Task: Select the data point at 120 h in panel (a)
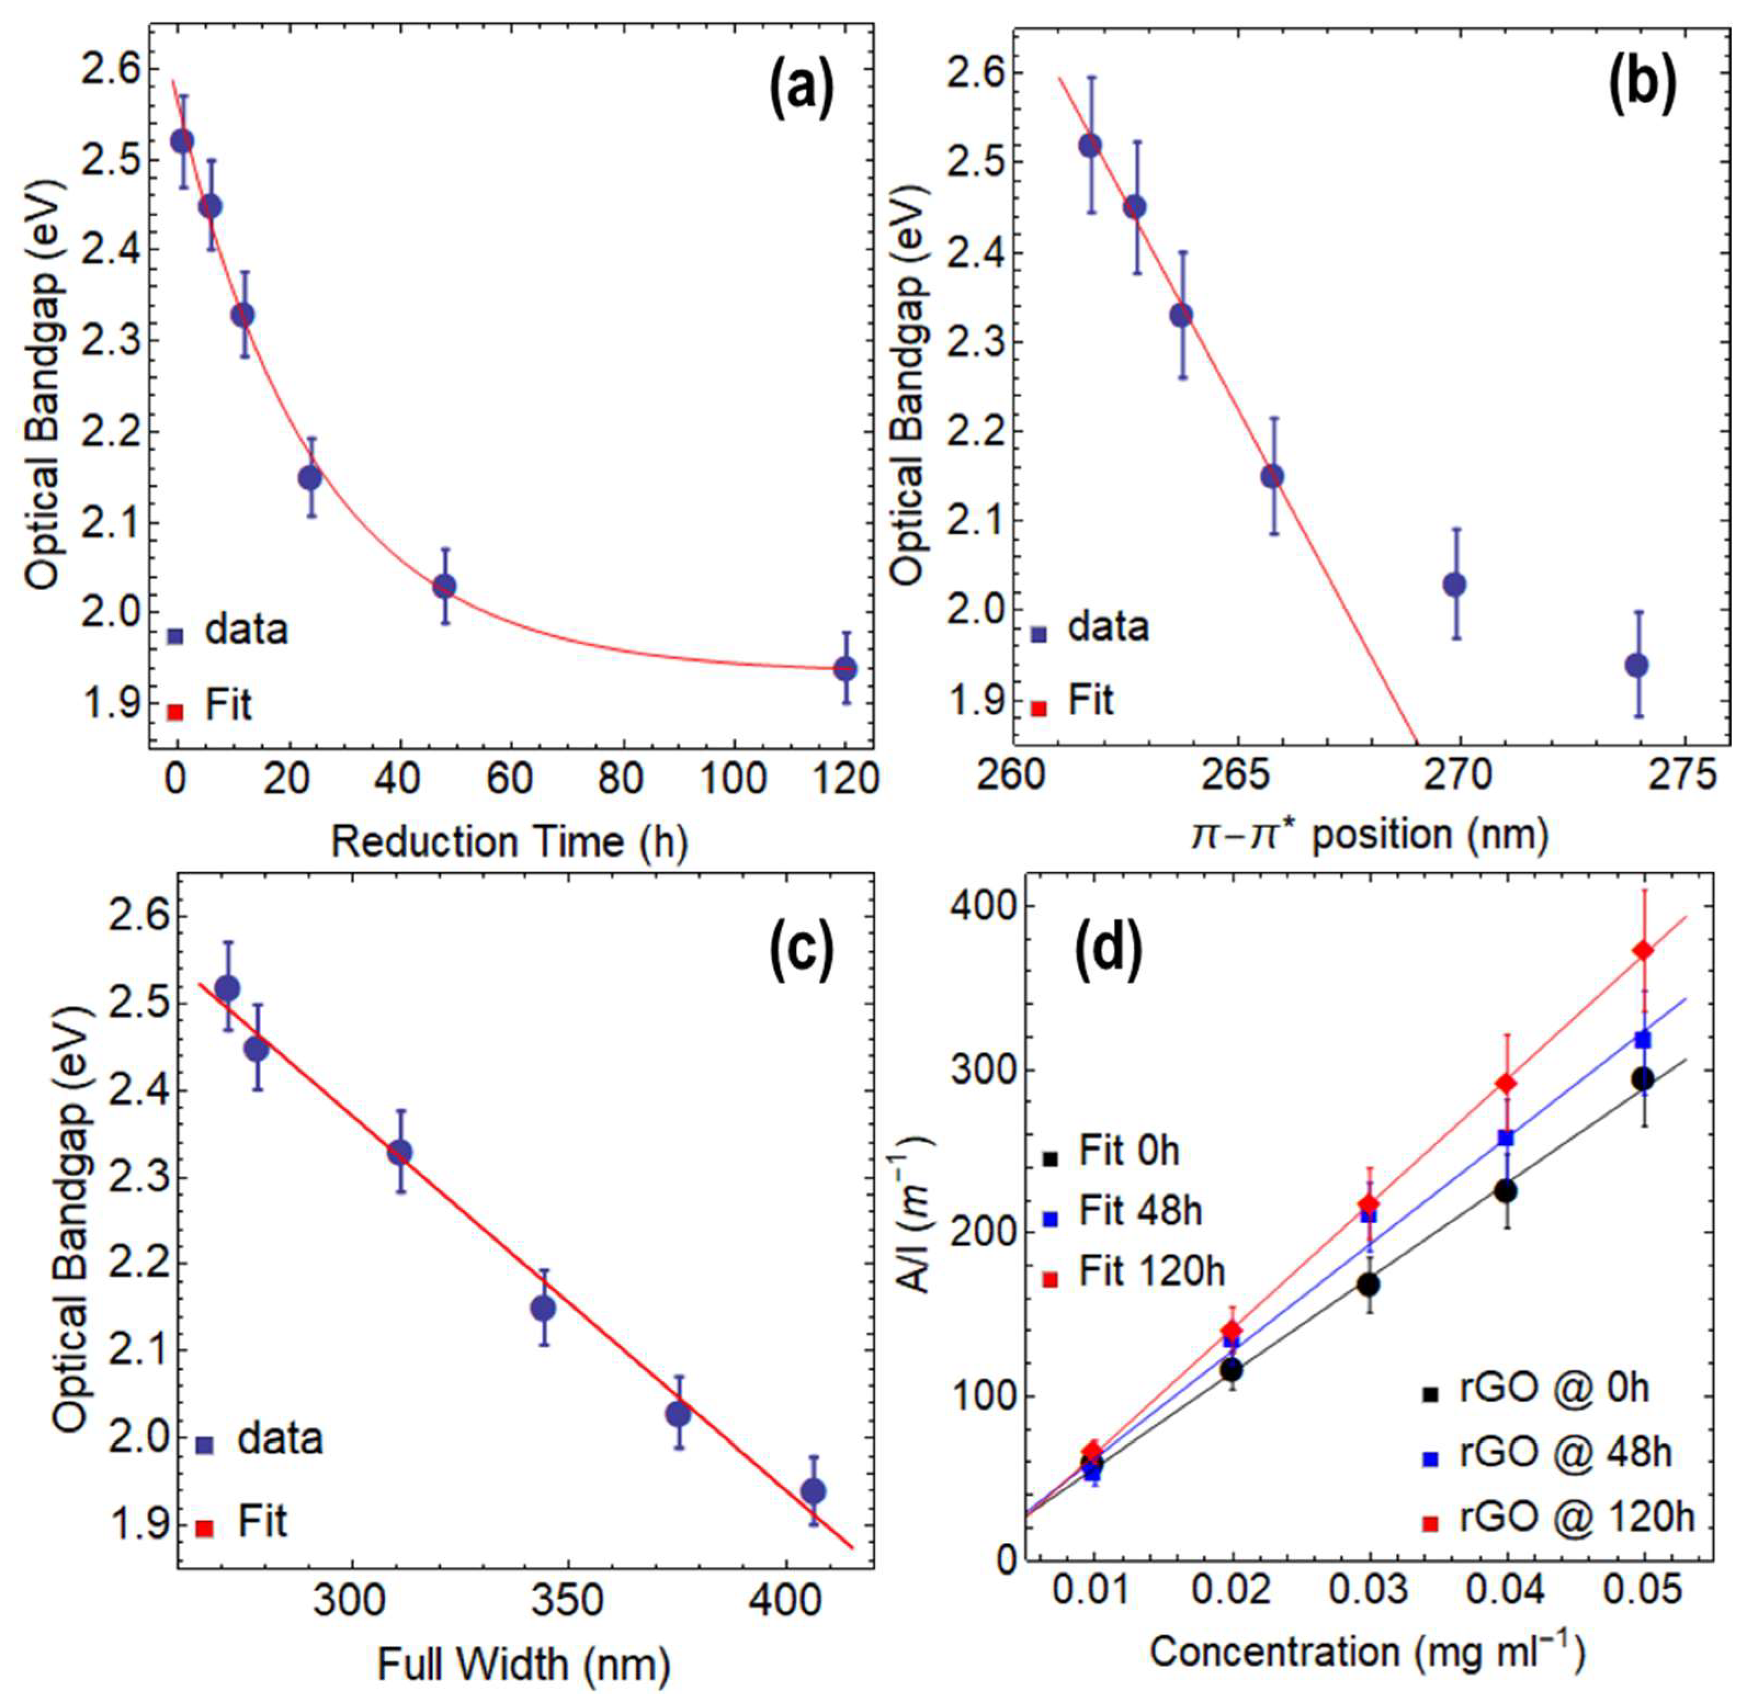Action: point(845,668)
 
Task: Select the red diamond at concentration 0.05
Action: point(1643,951)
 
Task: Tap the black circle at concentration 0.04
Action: point(1506,1191)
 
